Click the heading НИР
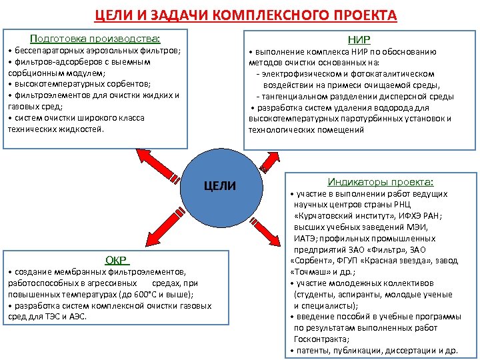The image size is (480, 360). (359, 39)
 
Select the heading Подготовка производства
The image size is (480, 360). (96, 39)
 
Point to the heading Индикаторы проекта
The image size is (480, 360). (381, 181)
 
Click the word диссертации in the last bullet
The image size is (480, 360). (407, 350)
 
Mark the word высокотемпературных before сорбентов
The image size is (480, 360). (55, 84)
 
